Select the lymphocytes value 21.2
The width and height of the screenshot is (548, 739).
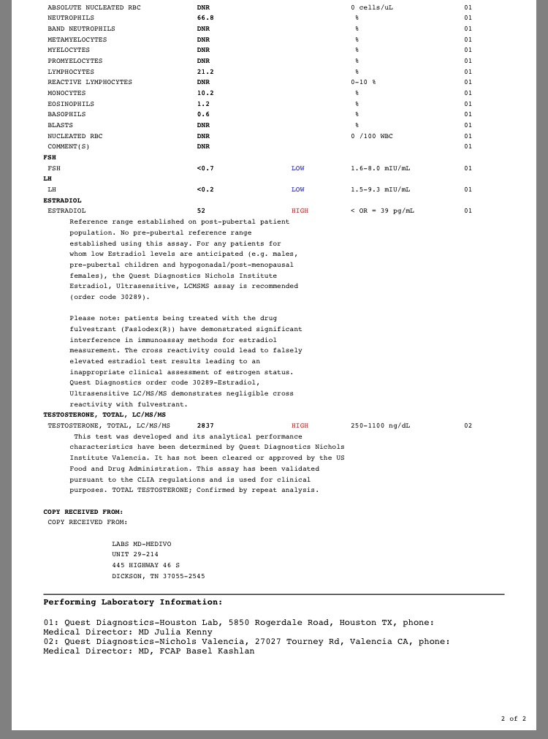point(205,72)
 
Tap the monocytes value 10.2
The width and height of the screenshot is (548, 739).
point(205,93)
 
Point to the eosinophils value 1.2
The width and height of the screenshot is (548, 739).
point(203,104)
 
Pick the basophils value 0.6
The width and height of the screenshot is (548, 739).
point(203,114)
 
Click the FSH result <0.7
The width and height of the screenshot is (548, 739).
point(205,168)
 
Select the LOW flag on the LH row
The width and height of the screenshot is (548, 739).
point(298,189)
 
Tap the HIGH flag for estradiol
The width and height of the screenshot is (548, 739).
point(300,211)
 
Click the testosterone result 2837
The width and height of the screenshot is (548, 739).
point(205,425)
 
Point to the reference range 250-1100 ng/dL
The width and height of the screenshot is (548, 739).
point(380,425)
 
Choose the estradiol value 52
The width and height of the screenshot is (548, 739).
point(201,211)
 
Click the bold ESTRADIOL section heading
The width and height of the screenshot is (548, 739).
point(63,200)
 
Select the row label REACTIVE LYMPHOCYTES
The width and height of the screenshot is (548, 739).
point(90,82)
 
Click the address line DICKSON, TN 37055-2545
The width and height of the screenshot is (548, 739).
point(159,576)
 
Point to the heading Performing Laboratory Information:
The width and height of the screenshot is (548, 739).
point(133,602)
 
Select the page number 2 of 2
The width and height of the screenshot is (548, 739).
point(513,719)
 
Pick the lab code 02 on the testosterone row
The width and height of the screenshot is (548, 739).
point(468,425)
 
